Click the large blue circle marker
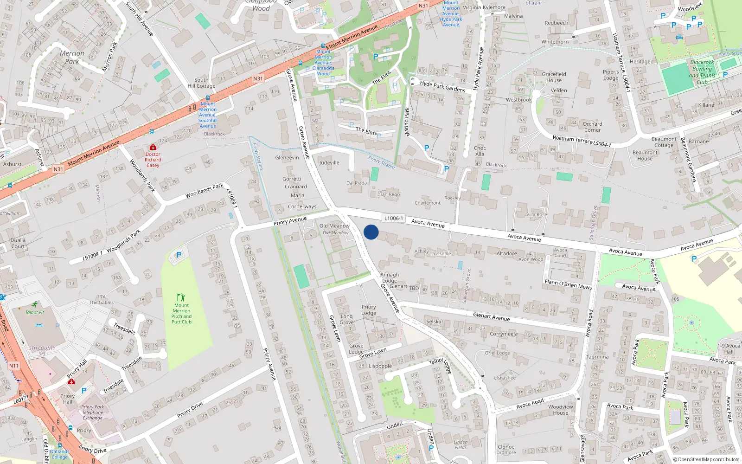click(x=371, y=232)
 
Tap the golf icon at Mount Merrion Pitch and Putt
click(x=181, y=297)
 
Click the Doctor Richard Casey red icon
click(x=153, y=147)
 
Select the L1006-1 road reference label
click(x=394, y=218)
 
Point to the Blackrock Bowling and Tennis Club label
click(x=702, y=72)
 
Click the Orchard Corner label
click(x=592, y=127)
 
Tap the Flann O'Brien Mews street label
click(x=568, y=284)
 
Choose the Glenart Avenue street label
click(x=491, y=317)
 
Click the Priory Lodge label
click(x=369, y=309)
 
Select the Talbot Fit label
click(x=35, y=312)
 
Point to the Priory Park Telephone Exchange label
click(x=93, y=412)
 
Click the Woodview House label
click(x=560, y=410)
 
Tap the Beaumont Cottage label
click(x=664, y=142)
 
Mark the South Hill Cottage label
click(x=201, y=83)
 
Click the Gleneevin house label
click(x=287, y=157)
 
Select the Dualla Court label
click(x=18, y=243)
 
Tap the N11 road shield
click(x=14, y=366)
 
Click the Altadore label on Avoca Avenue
click(x=506, y=253)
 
